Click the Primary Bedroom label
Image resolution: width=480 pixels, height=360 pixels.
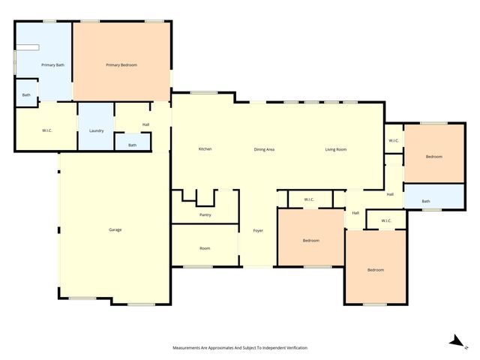click(121, 65)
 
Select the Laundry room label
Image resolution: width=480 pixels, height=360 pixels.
click(96, 130)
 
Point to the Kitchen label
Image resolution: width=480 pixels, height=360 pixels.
click(205, 149)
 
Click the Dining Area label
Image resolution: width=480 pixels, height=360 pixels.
click(264, 149)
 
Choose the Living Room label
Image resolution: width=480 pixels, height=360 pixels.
click(335, 149)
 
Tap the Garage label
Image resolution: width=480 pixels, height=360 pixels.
click(115, 229)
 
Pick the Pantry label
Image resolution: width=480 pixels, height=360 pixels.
click(205, 215)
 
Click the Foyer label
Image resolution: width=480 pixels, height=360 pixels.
click(257, 230)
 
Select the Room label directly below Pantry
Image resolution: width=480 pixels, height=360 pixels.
click(205, 248)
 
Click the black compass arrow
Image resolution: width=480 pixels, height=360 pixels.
click(454, 341)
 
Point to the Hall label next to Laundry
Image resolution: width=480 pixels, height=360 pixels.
click(145, 124)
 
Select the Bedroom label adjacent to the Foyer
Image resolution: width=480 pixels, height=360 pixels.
click(311, 241)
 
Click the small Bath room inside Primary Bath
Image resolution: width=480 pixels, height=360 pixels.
click(26, 95)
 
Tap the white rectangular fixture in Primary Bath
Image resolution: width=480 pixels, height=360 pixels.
click(28, 47)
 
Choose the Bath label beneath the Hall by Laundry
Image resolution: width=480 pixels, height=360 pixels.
click(133, 145)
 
